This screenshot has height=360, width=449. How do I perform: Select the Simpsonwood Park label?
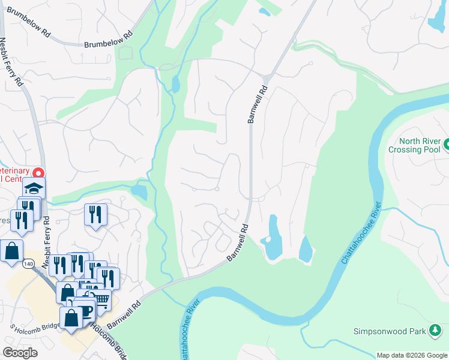(390, 331)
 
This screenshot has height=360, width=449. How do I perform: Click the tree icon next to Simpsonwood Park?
(435, 330)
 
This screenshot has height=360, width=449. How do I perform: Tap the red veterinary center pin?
(40, 173)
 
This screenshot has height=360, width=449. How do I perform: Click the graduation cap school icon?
(34, 188)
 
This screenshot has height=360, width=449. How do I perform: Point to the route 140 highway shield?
(28, 263)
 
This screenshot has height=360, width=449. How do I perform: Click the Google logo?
(20, 353)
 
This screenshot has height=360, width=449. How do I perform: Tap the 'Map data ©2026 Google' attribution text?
(412, 355)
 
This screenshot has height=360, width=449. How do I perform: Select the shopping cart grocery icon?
(102, 298)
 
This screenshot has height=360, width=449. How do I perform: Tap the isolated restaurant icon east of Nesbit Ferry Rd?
(95, 214)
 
